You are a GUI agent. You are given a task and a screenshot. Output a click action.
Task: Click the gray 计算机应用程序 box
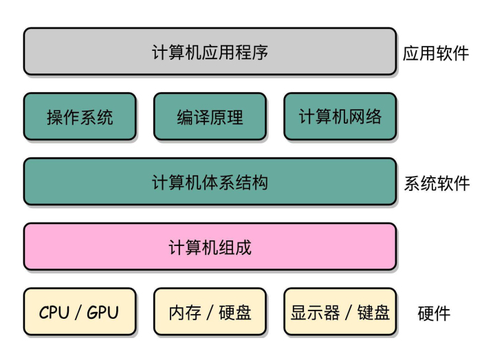[210, 52]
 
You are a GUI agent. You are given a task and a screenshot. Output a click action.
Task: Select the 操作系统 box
[80, 117]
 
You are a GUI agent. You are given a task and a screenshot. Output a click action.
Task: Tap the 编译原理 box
[210, 117]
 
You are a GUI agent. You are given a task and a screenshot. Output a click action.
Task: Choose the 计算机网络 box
[340, 117]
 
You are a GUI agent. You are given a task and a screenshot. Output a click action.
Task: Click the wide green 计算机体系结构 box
[210, 182]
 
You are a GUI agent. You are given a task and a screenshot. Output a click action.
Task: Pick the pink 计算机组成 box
[210, 247]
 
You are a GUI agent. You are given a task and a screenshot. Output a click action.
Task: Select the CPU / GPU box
[80, 312]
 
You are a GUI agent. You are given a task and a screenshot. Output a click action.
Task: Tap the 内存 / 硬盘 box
[210, 312]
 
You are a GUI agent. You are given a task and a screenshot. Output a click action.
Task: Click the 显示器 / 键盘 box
[340, 312]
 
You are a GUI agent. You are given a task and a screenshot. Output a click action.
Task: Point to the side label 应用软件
[436, 53]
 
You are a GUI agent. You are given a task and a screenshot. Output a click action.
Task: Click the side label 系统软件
[436, 183]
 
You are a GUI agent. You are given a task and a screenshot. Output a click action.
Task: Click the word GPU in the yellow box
[102, 312]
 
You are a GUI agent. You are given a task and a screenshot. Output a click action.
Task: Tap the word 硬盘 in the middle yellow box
[234, 313]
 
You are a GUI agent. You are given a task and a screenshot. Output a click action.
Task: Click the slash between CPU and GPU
[79, 312]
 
